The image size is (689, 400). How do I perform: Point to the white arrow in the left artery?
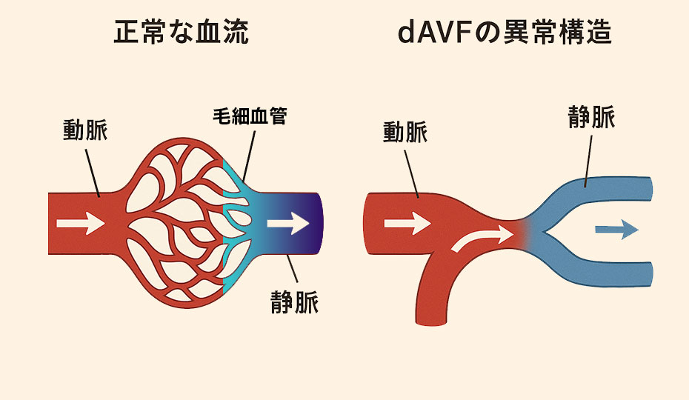80,221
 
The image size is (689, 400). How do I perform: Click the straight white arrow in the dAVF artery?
407,221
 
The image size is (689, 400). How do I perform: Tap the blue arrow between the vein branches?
616,230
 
